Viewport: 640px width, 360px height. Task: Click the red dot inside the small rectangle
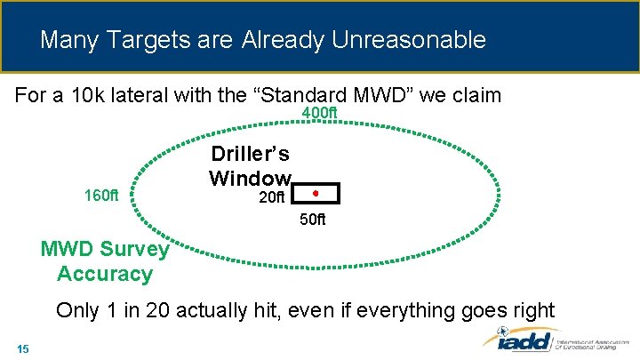click(x=316, y=193)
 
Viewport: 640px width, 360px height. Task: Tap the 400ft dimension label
click(x=320, y=114)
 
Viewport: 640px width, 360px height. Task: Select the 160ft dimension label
click(x=101, y=195)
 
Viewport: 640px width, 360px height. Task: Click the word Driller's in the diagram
click(x=249, y=154)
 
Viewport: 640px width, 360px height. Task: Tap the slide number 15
click(x=23, y=348)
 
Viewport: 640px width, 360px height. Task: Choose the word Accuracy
click(x=104, y=274)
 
